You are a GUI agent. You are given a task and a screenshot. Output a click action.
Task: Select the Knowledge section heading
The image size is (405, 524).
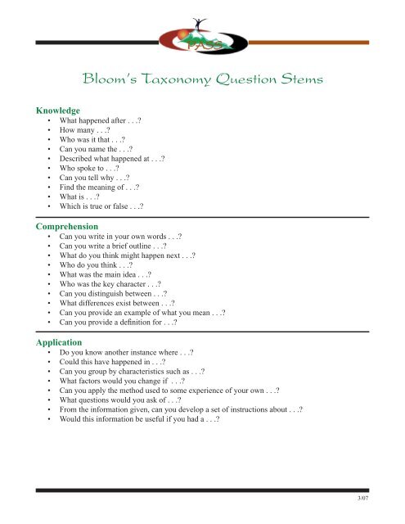[x=56, y=109]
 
